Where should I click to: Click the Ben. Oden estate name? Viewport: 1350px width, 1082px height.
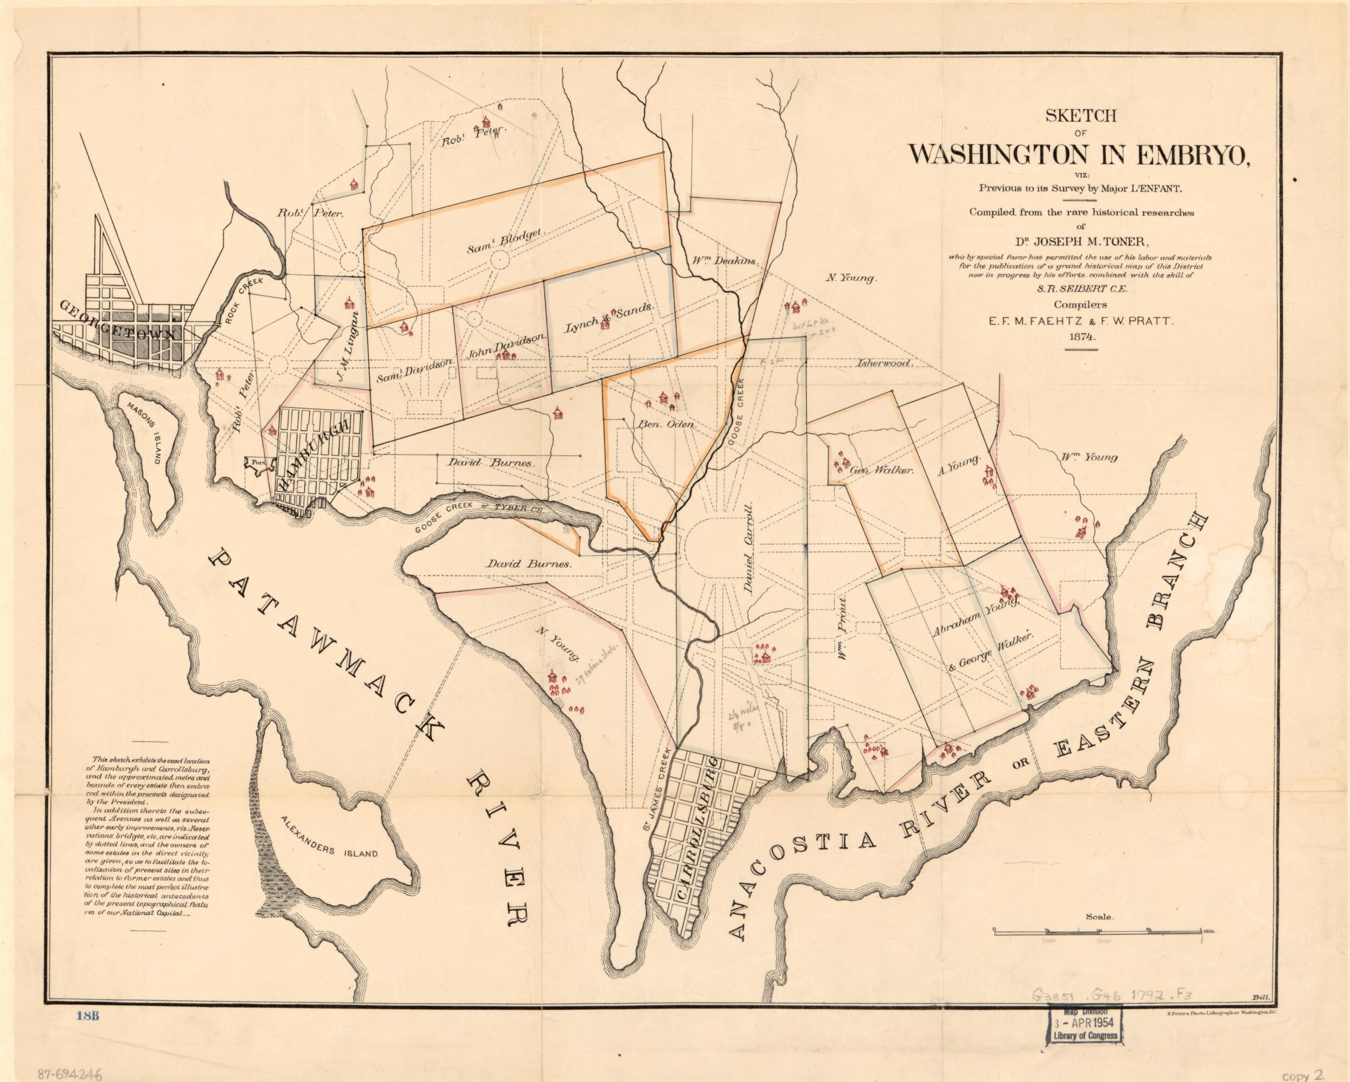coord(666,424)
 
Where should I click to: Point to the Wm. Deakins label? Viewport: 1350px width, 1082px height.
coord(726,261)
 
